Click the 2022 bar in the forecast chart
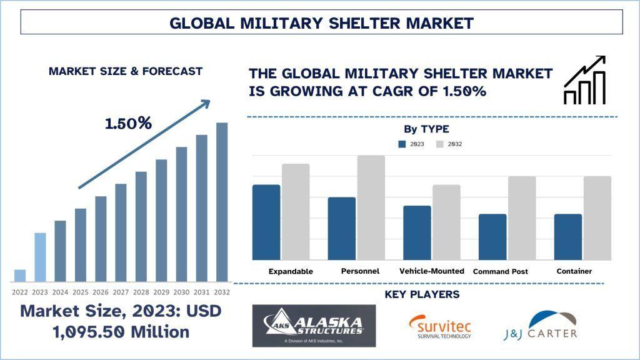tap(20, 276)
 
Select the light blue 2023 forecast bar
tap(40, 257)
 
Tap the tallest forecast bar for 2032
tap(222, 202)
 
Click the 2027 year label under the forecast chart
tap(121, 292)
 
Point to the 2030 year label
tap(181, 292)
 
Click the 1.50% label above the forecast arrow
tap(128, 123)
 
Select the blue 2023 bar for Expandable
tap(266, 222)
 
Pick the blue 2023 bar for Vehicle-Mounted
tap(417, 232)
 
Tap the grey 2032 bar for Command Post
tap(521, 218)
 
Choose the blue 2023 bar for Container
tap(568, 237)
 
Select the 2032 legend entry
tap(449, 144)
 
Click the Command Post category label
tap(501, 272)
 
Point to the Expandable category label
tap(291, 272)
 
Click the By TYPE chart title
tap(426, 129)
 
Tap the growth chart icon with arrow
tap(585, 80)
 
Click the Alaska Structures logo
tap(314, 326)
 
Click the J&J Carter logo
tap(541, 326)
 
